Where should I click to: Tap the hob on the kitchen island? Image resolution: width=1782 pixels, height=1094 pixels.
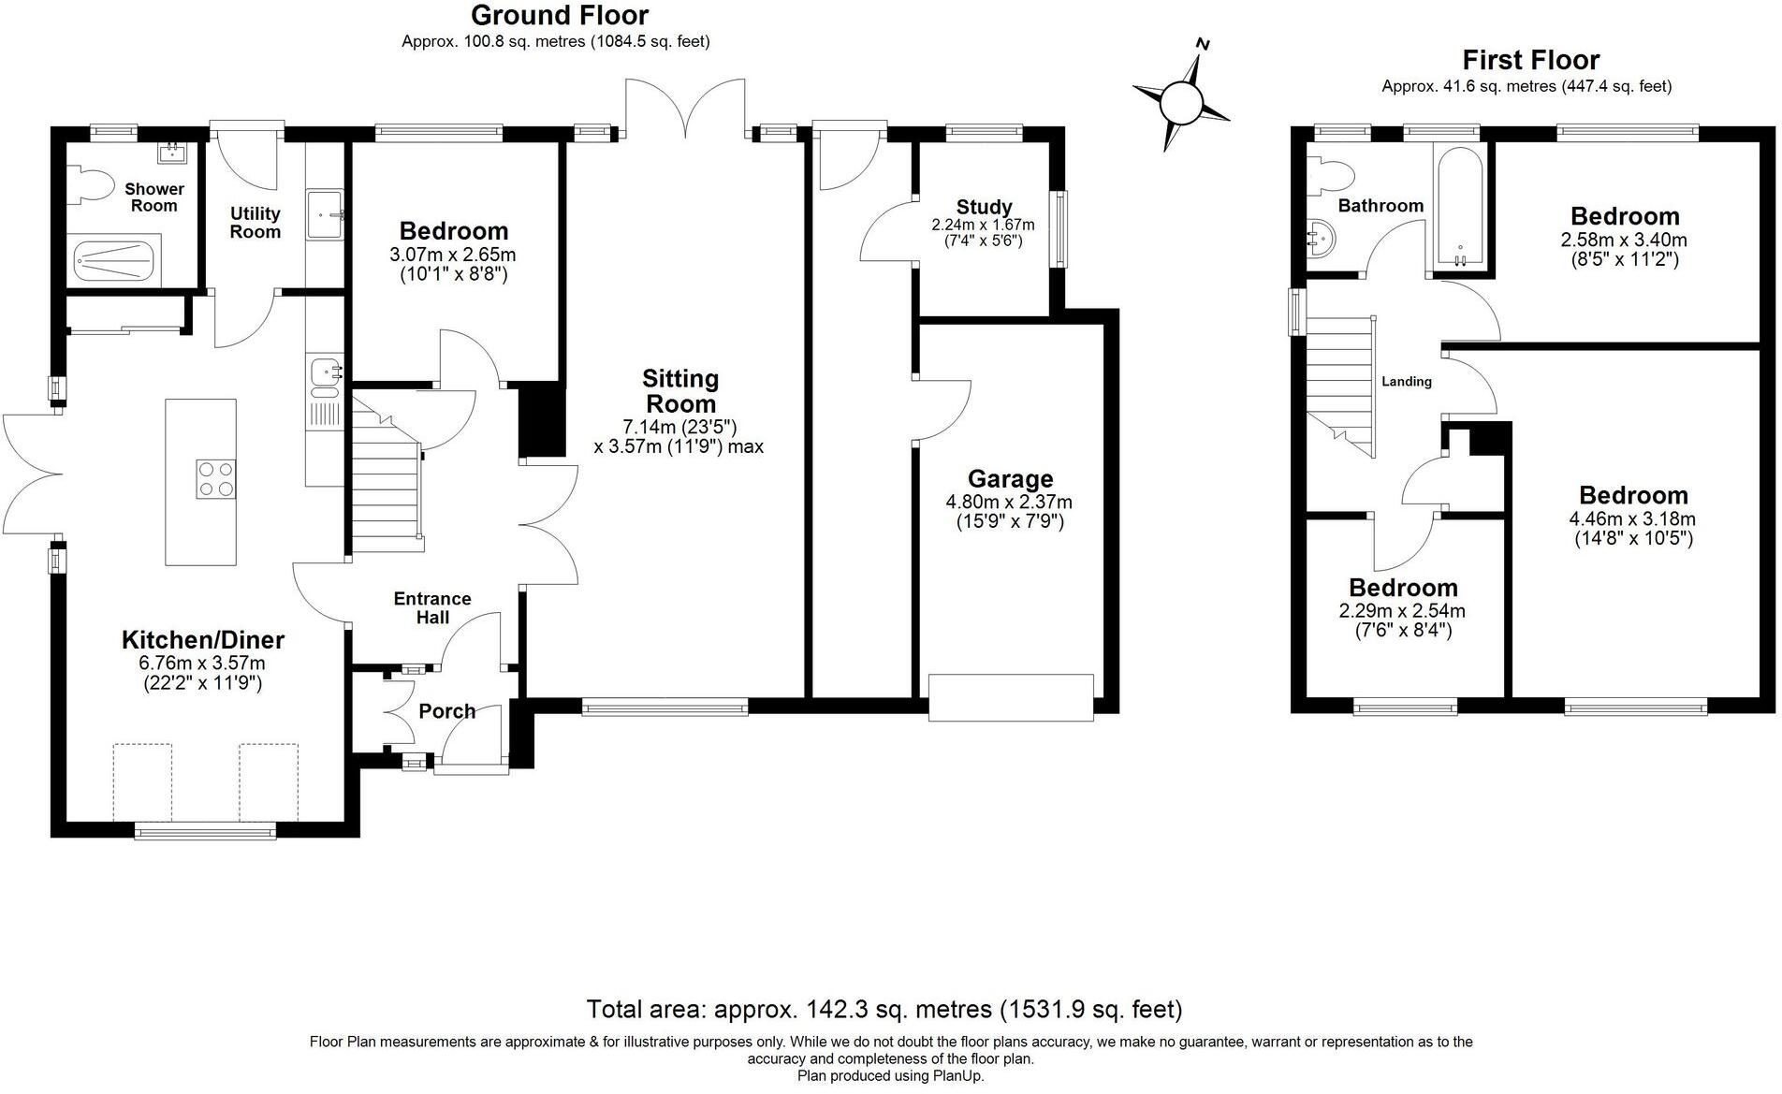coord(215,479)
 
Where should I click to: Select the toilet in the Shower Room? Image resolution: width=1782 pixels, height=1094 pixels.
coord(86,184)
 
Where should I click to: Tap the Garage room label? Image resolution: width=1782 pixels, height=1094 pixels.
coord(1010,479)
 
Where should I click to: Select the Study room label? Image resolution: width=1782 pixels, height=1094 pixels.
coord(984,207)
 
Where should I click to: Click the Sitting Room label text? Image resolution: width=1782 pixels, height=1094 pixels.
coord(680,391)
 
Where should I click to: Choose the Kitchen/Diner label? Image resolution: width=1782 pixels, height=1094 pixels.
coord(203,640)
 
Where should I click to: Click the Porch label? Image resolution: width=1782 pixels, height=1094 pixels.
coord(446,711)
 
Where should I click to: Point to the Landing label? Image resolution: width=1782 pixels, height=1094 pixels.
coord(1407,381)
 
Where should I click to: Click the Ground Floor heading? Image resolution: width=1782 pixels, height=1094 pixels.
coord(560,15)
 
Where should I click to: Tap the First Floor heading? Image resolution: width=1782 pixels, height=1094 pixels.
coord(1531,60)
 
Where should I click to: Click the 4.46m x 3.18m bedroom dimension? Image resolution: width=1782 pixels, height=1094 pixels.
coord(1632,519)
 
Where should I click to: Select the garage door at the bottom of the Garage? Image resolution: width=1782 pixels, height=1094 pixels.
coord(1011,697)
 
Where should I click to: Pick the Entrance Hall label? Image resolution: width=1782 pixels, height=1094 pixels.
coord(432,607)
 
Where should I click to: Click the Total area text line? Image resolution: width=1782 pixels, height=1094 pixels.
coord(884,1010)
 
